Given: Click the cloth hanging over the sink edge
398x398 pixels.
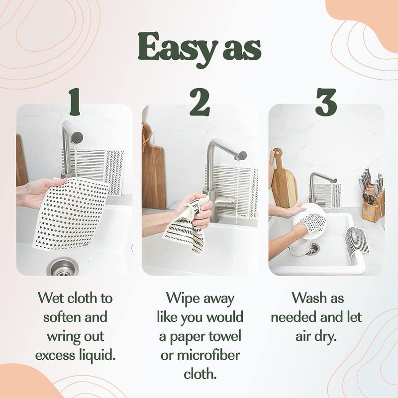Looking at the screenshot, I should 357,244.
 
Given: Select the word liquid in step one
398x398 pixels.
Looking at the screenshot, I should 97,355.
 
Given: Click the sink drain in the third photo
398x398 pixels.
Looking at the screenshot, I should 312,249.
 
